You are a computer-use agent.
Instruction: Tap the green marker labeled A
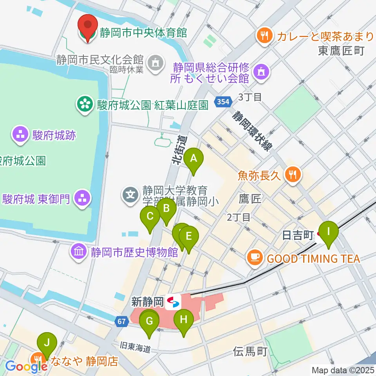[193, 160]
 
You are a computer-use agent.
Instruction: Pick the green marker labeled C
[150, 217]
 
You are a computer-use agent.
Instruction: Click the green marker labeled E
[189, 237]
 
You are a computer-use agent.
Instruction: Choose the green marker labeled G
[149, 322]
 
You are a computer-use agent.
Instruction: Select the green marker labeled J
[47, 344]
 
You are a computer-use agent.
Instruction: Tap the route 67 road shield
[122, 322]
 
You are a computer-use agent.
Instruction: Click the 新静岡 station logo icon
[173, 302]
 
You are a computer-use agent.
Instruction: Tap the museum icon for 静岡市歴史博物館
[78, 251]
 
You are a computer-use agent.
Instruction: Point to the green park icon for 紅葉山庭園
[84, 105]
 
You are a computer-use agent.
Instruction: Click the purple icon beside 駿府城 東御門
[83, 199]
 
